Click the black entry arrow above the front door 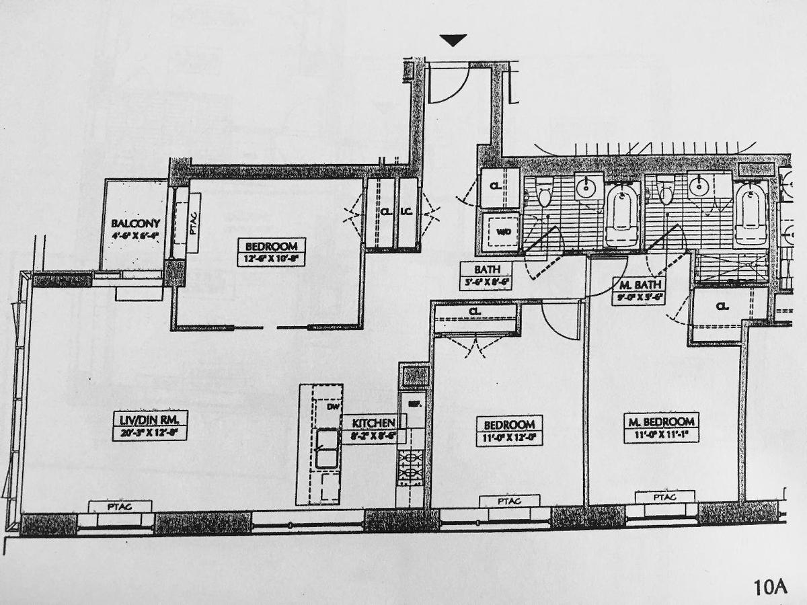point(455,41)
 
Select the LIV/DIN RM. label point(149,421)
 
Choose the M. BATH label point(638,284)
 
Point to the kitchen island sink point(328,448)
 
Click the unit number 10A point(770,587)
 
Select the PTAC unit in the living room point(121,506)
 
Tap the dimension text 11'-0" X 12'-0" point(510,437)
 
